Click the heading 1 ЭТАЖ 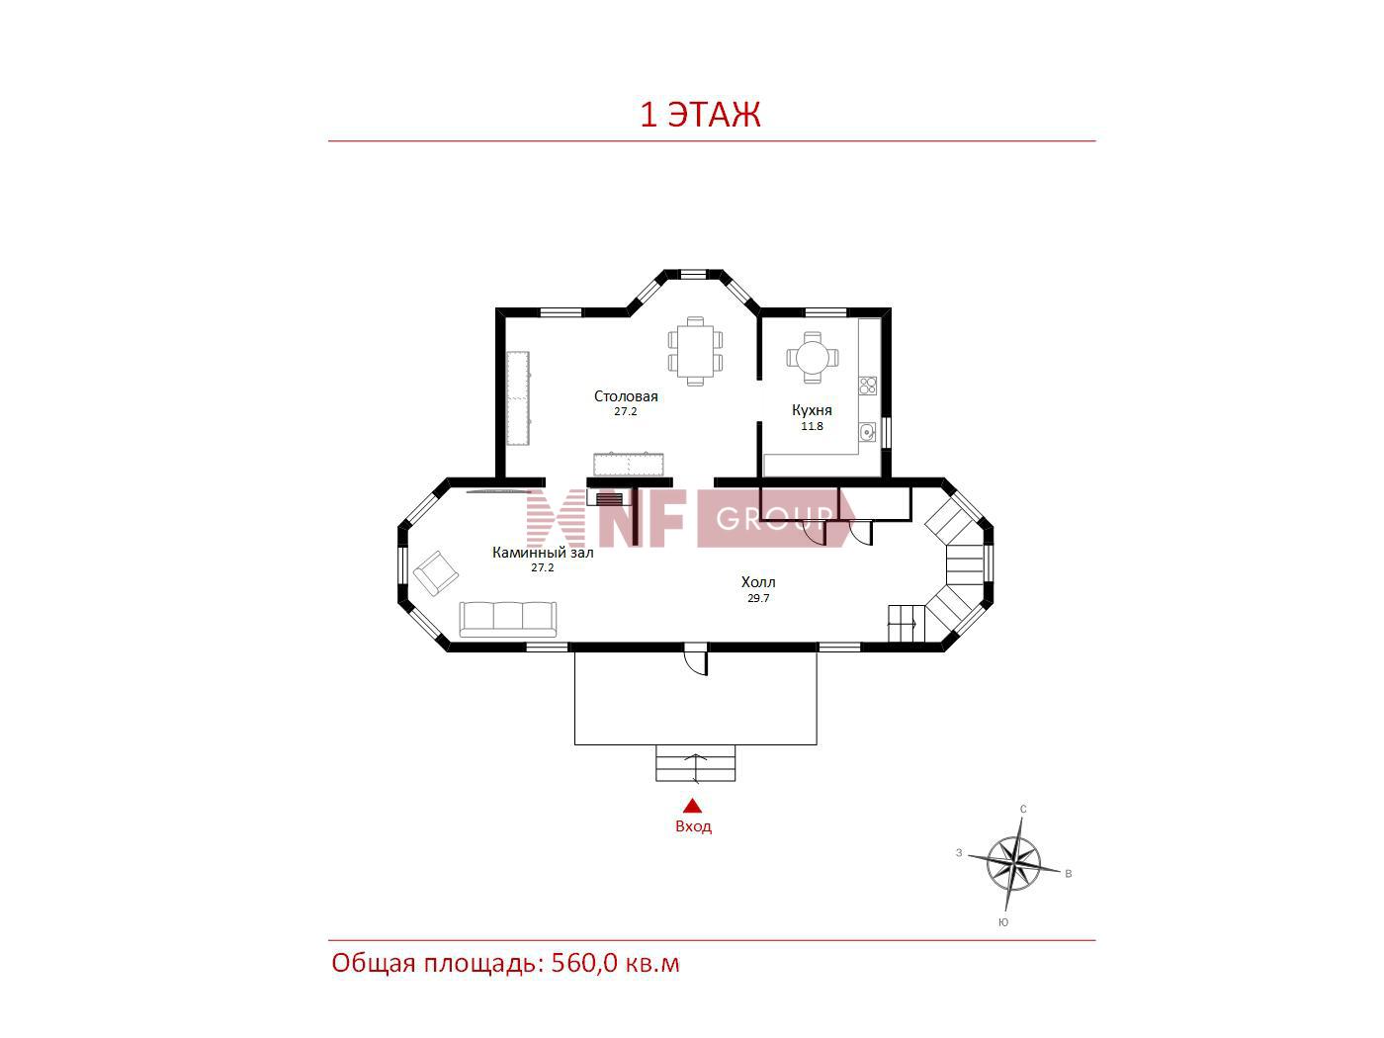point(701,115)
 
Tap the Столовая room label point(626,396)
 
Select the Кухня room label point(812,410)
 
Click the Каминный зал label point(543,553)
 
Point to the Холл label point(758,582)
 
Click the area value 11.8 point(812,427)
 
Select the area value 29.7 point(758,598)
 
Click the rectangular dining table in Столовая point(696,352)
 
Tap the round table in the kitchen point(813,358)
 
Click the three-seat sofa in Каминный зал point(507,619)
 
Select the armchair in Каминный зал point(436,573)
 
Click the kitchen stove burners point(868,386)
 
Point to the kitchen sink point(867,432)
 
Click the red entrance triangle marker point(693,806)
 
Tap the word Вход point(693,826)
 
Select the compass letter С point(1023,810)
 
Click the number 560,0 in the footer point(584,963)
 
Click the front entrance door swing point(696,659)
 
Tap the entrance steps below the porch point(696,763)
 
